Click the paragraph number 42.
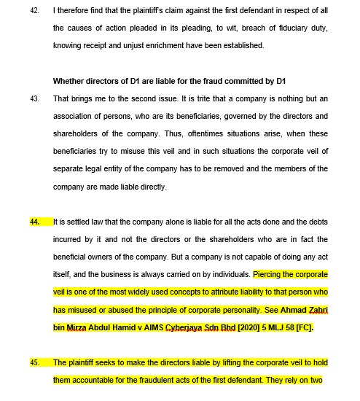(x=34, y=12)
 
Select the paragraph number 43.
(x=34, y=98)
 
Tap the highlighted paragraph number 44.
(x=34, y=222)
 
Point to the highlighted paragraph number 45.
(x=34, y=362)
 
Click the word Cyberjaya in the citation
(x=195, y=327)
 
